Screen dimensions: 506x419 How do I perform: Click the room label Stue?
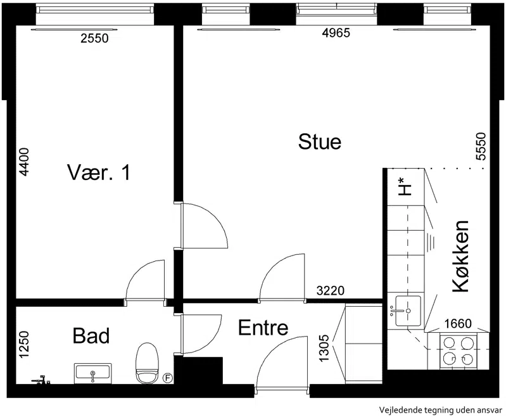(319, 141)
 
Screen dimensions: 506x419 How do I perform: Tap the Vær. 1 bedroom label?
(99, 172)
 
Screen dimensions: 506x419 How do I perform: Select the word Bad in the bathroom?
(91, 335)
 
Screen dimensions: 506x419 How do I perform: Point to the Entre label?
(263, 328)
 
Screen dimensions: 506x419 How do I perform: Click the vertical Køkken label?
(460, 257)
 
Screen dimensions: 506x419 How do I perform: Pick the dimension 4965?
(336, 33)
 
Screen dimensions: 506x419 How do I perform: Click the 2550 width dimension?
(94, 39)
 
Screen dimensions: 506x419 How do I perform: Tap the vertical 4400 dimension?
(24, 162)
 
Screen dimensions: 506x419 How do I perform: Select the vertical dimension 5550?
(481, 146)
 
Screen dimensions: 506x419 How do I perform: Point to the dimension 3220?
(331, 291)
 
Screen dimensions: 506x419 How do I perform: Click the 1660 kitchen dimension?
(458, 323)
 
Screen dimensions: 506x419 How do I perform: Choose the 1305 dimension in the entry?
(324, 348)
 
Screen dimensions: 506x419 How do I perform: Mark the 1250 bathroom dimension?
(24, 344)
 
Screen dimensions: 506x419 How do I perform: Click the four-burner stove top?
(459, 351)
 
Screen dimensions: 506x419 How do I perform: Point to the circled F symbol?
(167, 378)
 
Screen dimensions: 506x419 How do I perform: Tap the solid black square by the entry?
(203, 370)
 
